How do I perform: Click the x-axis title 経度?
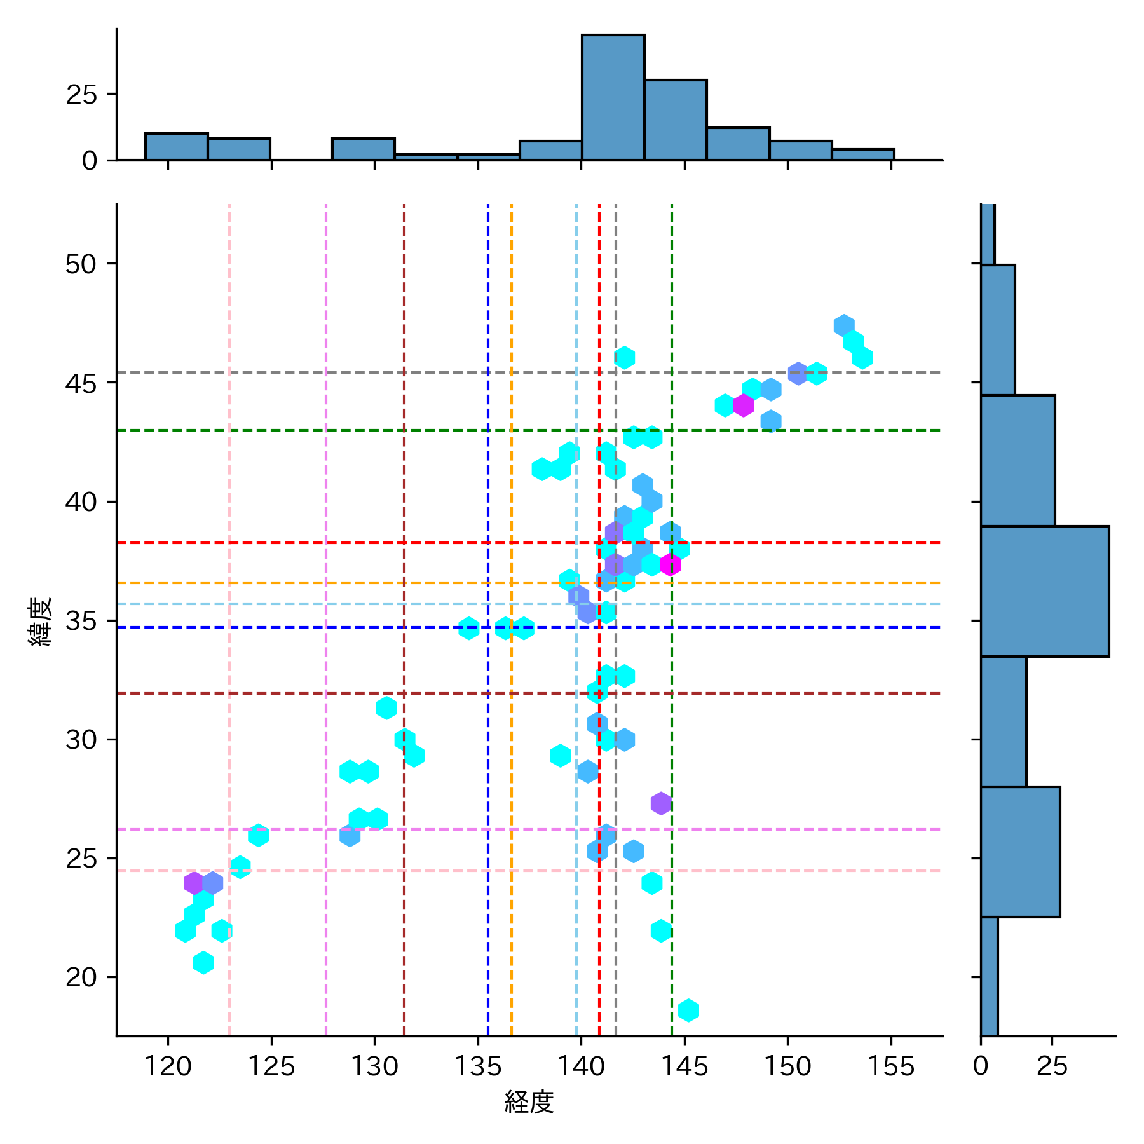(x=529, y=1101)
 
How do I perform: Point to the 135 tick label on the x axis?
(x=478, y=1066)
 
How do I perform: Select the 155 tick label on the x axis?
(x=891, y=1066)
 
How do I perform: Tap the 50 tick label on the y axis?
(x=81, y=264)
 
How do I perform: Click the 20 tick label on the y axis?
(x=81, y=977)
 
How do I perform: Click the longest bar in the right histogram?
(x=1044, y=591)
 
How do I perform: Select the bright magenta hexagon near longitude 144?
(x=670, y=564)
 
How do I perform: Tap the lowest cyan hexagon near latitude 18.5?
(x=688, y=1010)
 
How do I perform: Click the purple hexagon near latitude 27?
(x=661, y=803)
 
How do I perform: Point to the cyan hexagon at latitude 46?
(x=625, y=358)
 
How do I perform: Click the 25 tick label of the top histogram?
(x=81, y=95)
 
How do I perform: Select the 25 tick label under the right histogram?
(x=1052, y=1066)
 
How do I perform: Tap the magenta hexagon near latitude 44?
(x=743, y=405)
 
